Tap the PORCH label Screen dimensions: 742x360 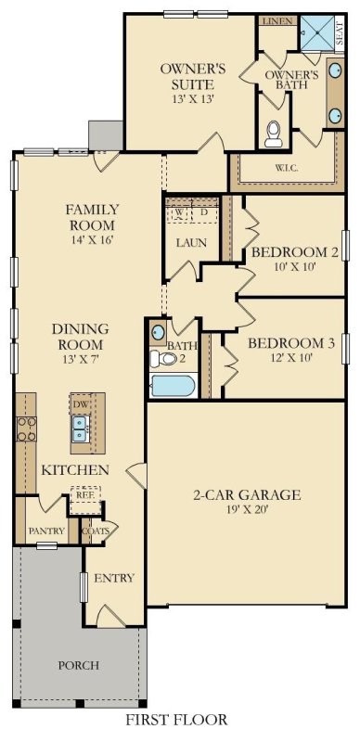[79, 666]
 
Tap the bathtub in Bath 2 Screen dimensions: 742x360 [172, 385]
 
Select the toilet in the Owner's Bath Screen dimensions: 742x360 [275, 135]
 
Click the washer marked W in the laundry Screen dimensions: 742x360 [176, 212]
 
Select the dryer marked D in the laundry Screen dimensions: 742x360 [204, 212]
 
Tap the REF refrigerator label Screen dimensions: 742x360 [86, 496]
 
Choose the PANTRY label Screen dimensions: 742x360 [46, 531]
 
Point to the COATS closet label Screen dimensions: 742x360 [95, 531]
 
